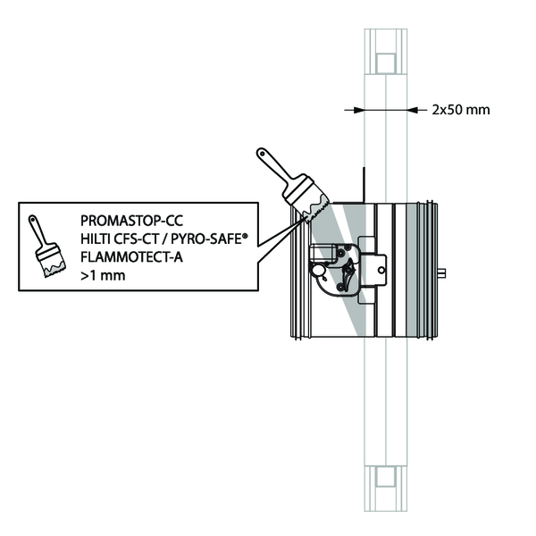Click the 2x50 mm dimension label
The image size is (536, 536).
coord(461,111)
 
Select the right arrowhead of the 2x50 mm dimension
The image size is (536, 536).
coord(412,111)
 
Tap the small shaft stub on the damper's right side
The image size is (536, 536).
coord(444,271)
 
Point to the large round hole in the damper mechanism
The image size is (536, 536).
coord(317,271)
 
